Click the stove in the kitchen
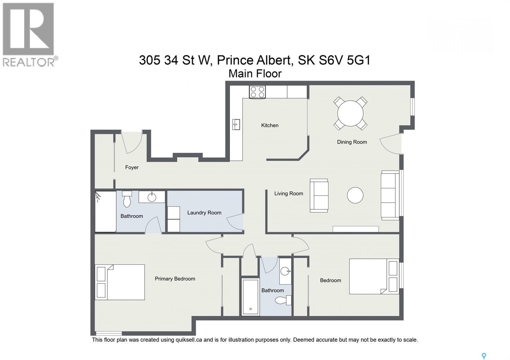pyautogui.click(x=257, y=92)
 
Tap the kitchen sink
pyautogui.click(x=236, y=124)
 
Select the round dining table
pyautogui.click(x=350, y=113)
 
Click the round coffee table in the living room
pyautogui.click(x=355, y=195)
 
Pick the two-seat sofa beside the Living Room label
pyautogui.click(x=319, y=196)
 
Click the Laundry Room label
pyautogui.click(x=204, y=213)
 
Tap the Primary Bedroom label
pyautogui.click(x=175, y=279)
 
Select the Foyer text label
pyautogui.click(x=132, y=167)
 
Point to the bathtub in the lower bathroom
pyautogui.click(x=250, y=297)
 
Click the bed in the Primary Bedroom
pyautogui.click(x=120, y=282)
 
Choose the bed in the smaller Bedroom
pyautogui.click(x=374, y=276)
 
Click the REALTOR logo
pyautogui.click(x=29, y=34)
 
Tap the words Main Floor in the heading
pyautogui.click(x=255, y=74)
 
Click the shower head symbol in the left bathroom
pyautogui.click(x=98, y=196)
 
